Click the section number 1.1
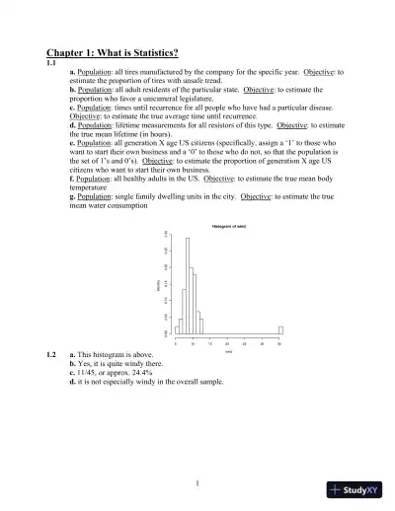(51, 62)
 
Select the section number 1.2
(51, 354)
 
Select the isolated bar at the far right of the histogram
(280, 330)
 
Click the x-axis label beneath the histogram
(227, 351)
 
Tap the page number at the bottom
(197, 482)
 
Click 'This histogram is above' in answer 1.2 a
(118, 354)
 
